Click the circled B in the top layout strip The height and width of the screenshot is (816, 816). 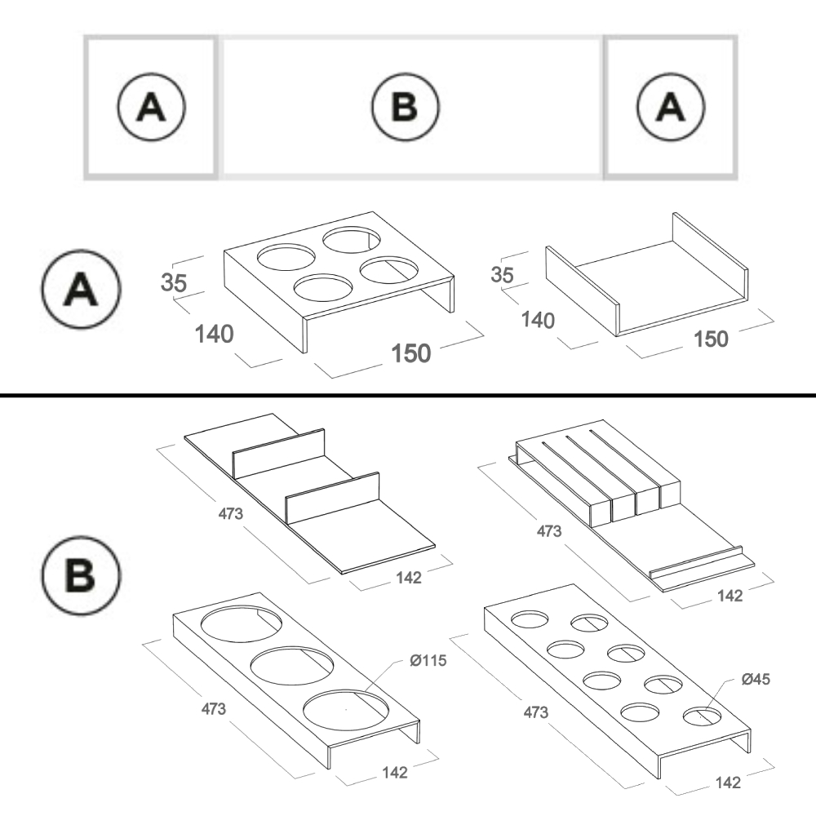(x=406, y=107)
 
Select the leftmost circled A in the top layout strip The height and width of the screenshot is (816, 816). (x=152, y=107)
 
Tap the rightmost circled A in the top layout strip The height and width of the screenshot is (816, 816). (x=672, y=107)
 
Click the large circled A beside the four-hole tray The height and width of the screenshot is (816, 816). (x=81, y=290)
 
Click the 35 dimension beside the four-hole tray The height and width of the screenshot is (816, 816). (x=174, y=283)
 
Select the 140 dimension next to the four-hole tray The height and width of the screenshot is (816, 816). (x=214, y=334)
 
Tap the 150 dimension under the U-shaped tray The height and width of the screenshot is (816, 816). (x=710, y=338)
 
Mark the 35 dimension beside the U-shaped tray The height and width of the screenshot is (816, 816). (x=503, y=274)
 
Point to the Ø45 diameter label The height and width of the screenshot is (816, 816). (x=756, y=678)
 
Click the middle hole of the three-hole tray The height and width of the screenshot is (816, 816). (x=289, y=666)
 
